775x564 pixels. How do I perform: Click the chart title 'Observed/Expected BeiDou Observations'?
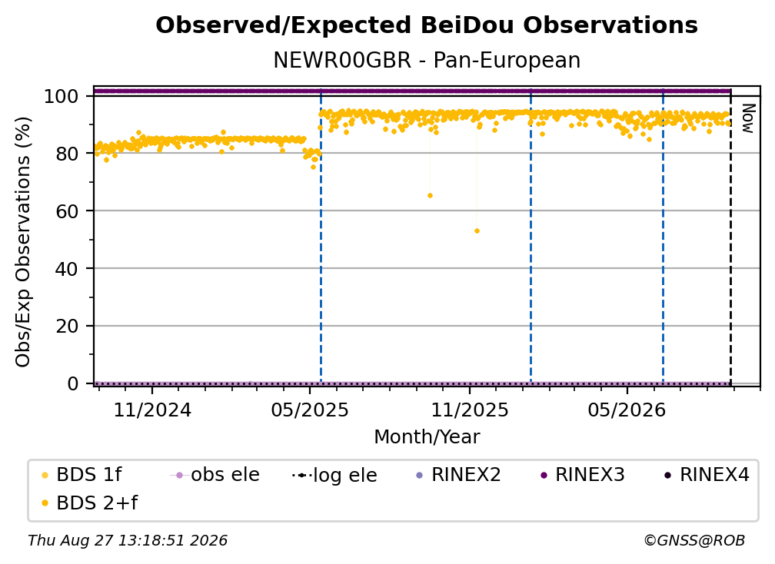tap(427, 25)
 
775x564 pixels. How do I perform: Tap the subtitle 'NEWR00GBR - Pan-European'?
tap(427, 60)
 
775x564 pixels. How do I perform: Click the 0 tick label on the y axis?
tap(73, 383)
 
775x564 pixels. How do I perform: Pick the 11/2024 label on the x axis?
tap(152, 410)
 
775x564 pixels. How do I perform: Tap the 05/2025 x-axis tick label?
tap(310, 410)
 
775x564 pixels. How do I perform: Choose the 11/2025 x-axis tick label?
tap(470, 410)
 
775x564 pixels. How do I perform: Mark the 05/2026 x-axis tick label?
tap(627, 410)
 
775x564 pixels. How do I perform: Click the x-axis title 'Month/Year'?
tap(427, 437)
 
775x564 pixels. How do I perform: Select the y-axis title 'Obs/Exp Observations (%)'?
tap(23, 242)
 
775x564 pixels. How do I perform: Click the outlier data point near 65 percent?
tap(430, 196)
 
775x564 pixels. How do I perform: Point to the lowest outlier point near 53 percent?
tap(477, 231)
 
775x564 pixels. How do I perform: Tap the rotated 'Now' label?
tap(749, 118)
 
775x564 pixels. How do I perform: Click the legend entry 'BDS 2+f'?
tap(89, 503)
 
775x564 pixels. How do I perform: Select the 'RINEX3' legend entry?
tap(583, 475)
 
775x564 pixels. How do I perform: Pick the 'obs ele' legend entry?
tap(215, 475)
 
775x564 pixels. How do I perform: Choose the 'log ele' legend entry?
tap(334, 476)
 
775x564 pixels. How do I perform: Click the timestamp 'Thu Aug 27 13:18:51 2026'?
tap(128, 541)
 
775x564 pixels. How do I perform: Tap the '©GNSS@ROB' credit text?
tap(694, 541)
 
